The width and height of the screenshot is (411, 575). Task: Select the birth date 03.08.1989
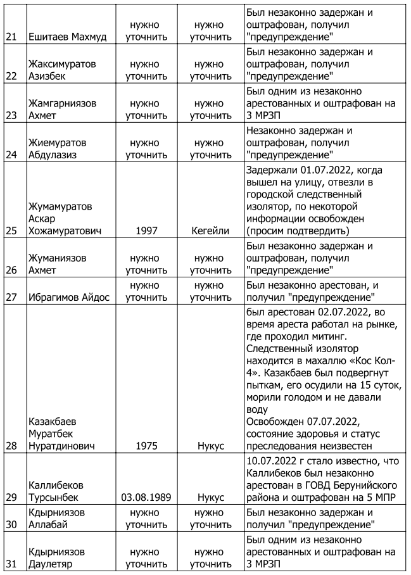click(x=146, y=497)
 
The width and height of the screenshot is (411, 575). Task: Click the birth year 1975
click(x=146, y=446)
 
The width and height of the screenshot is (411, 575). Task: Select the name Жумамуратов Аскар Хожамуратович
click(x=61, y=218)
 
